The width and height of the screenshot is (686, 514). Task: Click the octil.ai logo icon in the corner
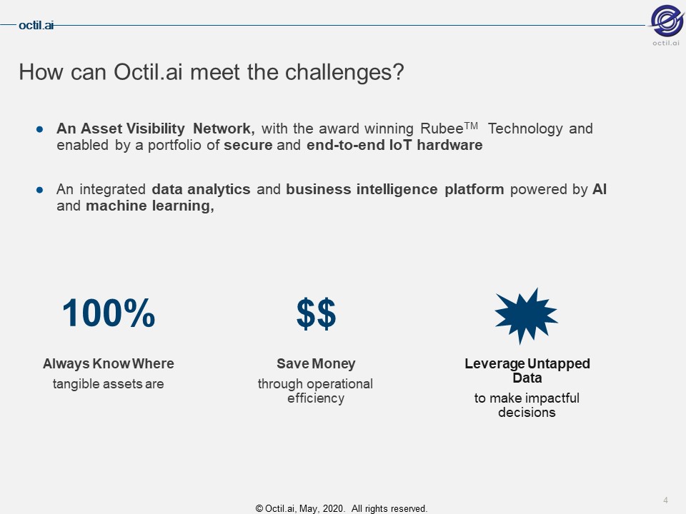(x=666, y=21)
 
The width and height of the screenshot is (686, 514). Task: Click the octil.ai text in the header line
(x=36, y=26)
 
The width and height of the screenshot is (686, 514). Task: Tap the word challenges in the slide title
(x=339, y=73)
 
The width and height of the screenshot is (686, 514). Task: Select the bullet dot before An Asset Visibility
(x=40, y=129)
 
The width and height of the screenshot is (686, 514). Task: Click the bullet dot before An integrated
(x=40, y=190)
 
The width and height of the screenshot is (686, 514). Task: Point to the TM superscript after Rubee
(x=471, y=126)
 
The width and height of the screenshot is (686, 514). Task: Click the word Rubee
(x=442, y=128)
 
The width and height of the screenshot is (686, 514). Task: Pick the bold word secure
(x=248, y=145)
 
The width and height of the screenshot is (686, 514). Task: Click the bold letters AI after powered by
(x=600, y=189)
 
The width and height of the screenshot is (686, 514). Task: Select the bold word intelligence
(x=397, y=190)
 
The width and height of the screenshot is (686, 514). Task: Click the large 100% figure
(x=109, y=313)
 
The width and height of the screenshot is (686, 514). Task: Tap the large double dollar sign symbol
(x=316, y=313)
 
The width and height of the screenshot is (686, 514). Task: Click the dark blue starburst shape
(x=526, y=316)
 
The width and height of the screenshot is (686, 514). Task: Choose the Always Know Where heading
(x=109, y=363)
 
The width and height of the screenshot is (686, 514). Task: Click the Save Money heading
(x=316, y=363)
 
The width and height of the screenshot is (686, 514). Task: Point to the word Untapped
(x=559, y=363)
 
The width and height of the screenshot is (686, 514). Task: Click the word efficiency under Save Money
(x=316, y=398)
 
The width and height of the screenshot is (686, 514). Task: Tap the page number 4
(x=665, y=500)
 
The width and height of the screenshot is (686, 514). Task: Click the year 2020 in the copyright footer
(x=334, y=509)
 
